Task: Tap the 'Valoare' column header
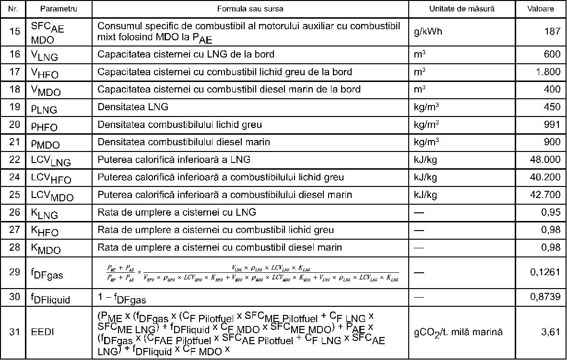(540, 9)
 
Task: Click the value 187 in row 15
(552, 32)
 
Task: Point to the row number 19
(15, 107)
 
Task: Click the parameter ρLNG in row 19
(44, 108)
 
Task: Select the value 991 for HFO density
(552, 125)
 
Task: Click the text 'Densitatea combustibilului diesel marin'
(184, 142)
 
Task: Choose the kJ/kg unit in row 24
(425, 177)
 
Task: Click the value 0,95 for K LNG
(551, 212)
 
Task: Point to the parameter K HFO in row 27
(45, 231)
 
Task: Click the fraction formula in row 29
(252, 272)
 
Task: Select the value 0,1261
(545, 272)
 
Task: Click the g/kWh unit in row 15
(427, 32)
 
